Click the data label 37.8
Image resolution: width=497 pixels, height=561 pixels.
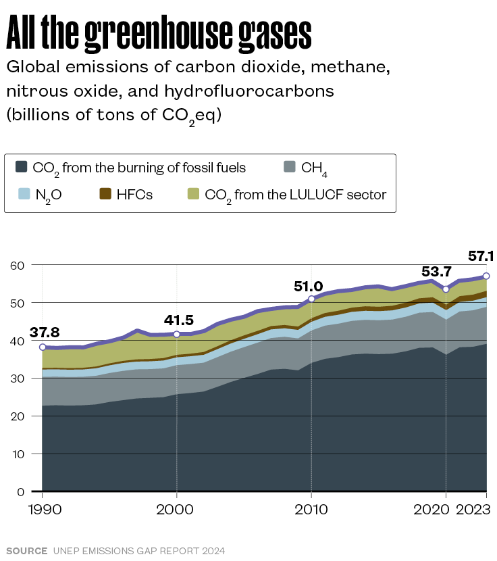click(45, 333)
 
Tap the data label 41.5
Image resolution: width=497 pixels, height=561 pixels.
click(179, 320)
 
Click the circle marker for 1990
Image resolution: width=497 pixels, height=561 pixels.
click(42, 347)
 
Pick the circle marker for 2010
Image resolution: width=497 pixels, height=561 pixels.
click(311, 299)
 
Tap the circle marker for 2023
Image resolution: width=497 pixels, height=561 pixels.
click(486, 276)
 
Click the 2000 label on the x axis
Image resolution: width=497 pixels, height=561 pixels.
click(176, 509)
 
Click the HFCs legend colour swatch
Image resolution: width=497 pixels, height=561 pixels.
click(105, 195)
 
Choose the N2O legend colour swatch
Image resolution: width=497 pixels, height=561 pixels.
click(22, 195)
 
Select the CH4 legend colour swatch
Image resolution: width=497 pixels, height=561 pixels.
click(290, 167)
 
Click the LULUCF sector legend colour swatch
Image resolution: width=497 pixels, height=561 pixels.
click(192, 195)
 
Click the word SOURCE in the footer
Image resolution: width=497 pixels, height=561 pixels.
click(26, 551)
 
